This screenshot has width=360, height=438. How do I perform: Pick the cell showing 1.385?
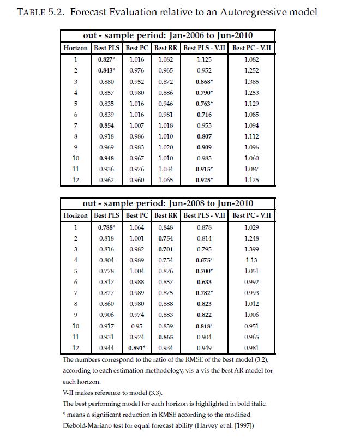point(251,81)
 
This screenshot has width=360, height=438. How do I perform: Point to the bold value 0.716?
point(203,115)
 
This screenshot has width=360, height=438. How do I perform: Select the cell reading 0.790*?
point(204,93)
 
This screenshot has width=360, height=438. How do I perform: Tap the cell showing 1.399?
point(251,249)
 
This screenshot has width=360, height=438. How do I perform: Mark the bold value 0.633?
point(203,283)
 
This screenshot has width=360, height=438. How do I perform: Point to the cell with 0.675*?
point(204,260)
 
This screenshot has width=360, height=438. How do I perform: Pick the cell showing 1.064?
point(136,227)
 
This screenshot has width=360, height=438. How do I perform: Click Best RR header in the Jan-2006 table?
point(164,48)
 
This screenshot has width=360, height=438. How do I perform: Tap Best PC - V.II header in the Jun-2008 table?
point(251,215)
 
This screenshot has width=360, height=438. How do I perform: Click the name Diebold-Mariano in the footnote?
point(92,425)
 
